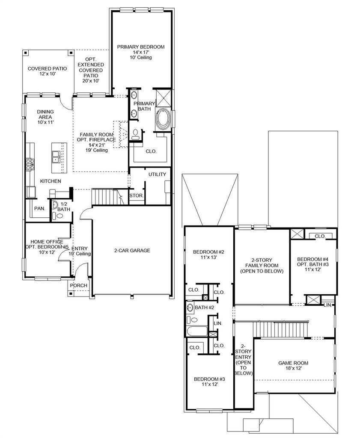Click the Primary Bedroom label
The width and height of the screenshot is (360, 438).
(140, 47)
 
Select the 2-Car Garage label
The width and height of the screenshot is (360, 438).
(132, 251)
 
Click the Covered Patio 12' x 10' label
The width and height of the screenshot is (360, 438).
(47, 71)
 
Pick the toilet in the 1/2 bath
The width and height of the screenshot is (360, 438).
(60, 216)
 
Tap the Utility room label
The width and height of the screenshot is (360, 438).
(157, 175)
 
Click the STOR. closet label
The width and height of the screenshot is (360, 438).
(137, 195)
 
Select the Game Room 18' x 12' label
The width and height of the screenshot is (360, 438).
(293, 366)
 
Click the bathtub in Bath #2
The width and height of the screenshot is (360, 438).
(197, 331)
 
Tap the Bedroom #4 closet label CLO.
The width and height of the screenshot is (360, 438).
(320, 236)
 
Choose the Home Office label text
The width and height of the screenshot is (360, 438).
(47, 242)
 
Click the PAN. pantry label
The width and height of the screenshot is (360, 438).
(40, 208)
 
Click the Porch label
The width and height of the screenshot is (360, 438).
(78, 285)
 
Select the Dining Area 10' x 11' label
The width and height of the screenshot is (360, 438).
(45, 117)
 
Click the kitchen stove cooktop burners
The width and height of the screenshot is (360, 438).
(30, 164)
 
